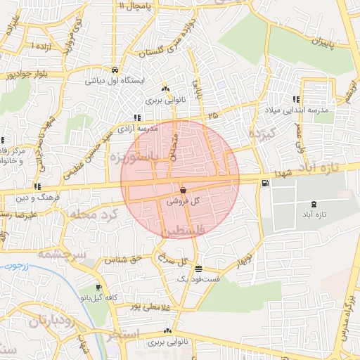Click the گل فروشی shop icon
[x=183, y=190]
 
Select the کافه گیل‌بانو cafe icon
[x=99, y=288]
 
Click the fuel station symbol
[x=264, y=184]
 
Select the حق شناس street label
[x=124, y=259]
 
